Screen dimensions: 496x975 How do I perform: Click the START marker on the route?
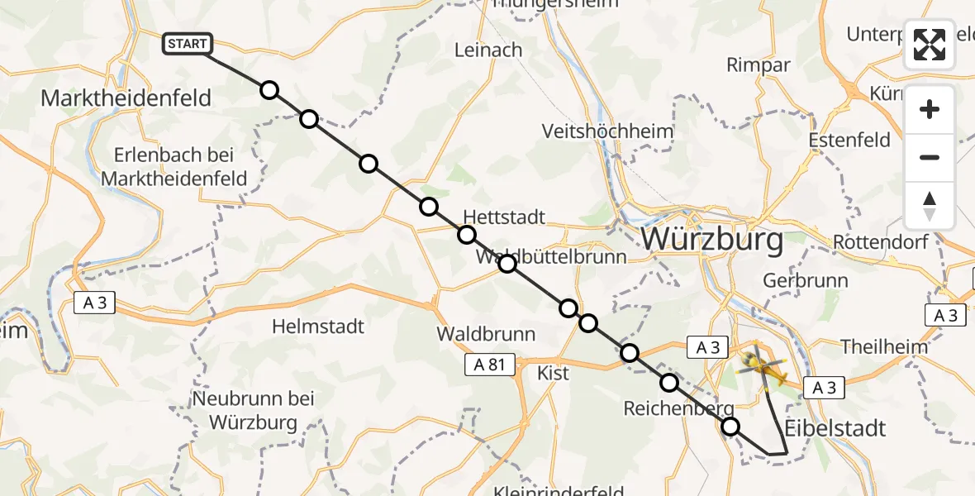tap(188, 44)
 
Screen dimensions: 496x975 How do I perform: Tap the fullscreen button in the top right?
tap(930, 45)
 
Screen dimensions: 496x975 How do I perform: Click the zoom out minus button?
tap(930, 157)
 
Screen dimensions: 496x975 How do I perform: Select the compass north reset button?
tap(930, 206)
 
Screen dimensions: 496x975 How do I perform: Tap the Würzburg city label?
tap(711, 241)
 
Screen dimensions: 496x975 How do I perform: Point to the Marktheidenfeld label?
tap(126, 98)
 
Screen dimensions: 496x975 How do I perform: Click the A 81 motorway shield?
tap(489, 363)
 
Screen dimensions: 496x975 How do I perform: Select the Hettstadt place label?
tap(504, 217)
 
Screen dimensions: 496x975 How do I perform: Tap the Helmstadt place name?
tap(318, 327)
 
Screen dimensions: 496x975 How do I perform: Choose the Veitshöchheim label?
tap(607, 131)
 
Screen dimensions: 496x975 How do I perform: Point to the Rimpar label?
tap(758, 64)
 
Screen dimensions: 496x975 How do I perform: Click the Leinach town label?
tap(488, 50)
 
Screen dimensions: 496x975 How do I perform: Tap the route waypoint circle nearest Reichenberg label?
tap(669, 383)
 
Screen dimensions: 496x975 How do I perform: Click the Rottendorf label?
tap(881, 242)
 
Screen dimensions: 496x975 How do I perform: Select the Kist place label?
tap(553, 373)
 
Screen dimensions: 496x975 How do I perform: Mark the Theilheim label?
tap(884, 346)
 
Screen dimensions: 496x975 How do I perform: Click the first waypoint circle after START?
tap(269, 90)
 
